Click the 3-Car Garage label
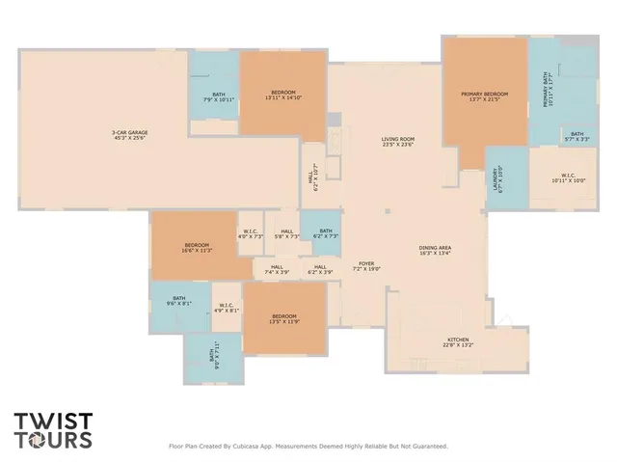130,134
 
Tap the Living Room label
397,142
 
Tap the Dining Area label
436,250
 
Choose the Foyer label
366,265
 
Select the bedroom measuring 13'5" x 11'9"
284,319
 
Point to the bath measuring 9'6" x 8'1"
179,301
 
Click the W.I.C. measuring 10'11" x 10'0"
569,178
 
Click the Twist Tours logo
54,431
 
